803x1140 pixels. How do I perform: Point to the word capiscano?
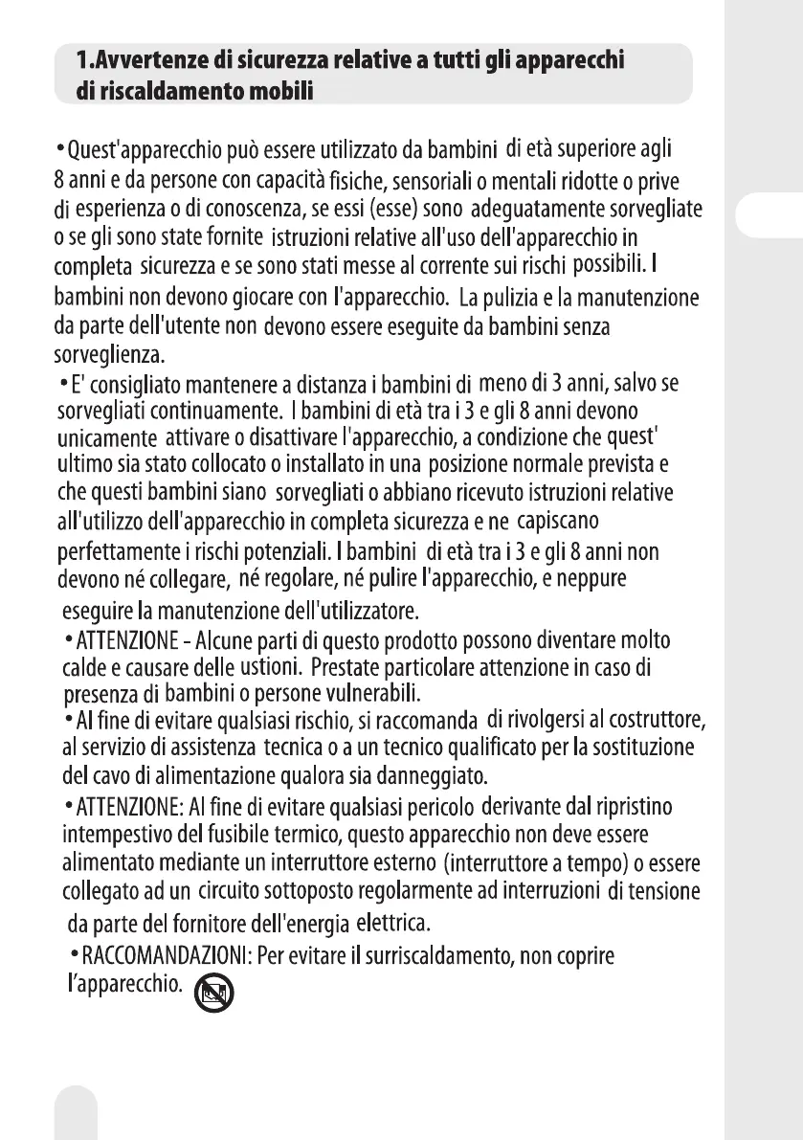pos(557,522)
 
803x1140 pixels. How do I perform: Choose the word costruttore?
pos(655,718)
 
